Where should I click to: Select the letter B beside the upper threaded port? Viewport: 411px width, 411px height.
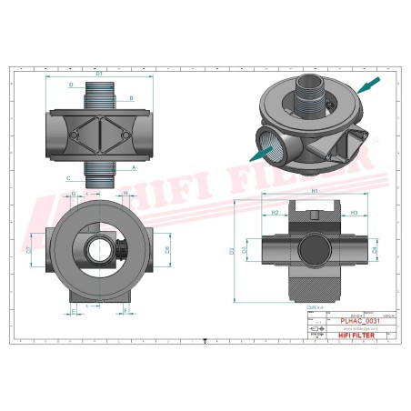pos(131,97)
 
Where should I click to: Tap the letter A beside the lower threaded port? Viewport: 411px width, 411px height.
pos(133,168)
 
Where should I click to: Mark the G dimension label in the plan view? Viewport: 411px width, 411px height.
pos(73,194)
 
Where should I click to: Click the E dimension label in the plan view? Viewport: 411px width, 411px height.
pos(73,311)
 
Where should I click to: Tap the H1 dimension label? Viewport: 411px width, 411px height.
pos(314,192)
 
